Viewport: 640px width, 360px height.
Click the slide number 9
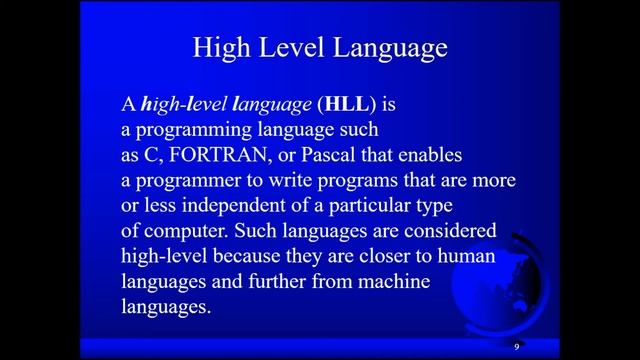click(517, 346)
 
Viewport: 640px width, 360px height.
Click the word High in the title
click(214, 48)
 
